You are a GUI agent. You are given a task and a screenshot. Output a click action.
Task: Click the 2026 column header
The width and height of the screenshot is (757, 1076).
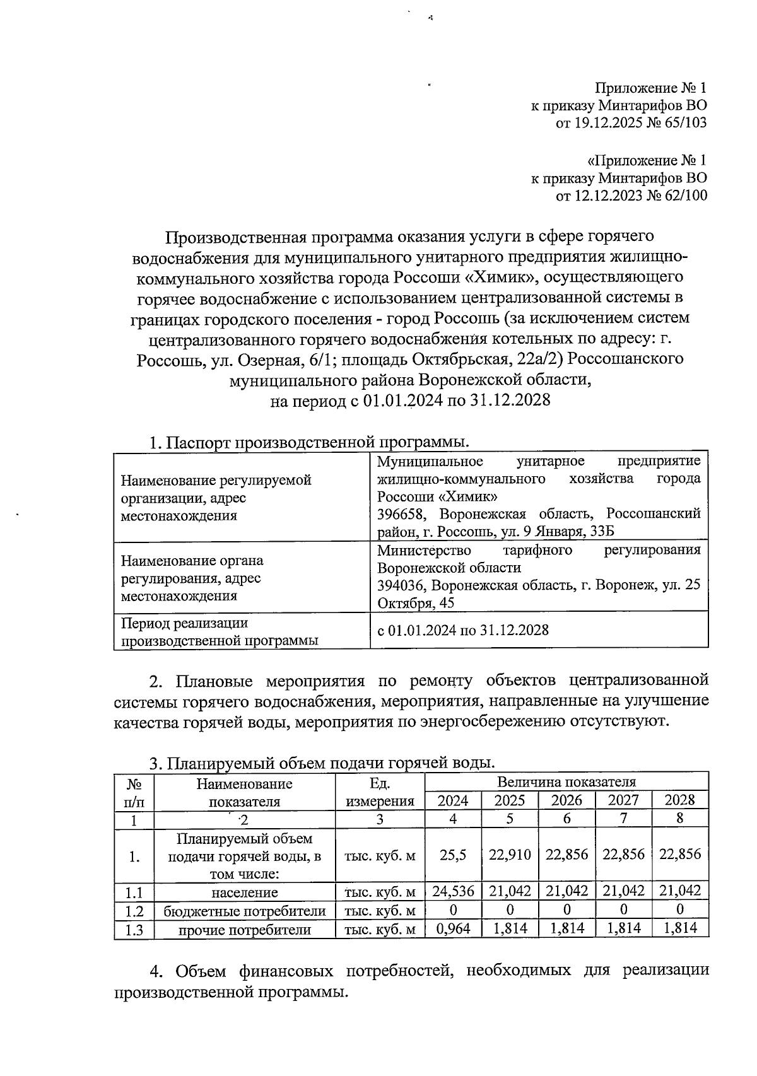point(566,800)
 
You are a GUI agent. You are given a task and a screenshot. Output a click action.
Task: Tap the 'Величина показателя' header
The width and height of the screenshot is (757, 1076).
point(566,783)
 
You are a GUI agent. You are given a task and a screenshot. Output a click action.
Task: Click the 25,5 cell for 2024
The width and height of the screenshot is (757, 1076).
point(453,855)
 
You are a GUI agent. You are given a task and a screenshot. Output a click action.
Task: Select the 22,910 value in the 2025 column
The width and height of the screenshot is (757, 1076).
point(510,855)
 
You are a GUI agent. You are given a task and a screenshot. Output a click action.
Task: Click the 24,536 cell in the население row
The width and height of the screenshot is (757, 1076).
point(453,892)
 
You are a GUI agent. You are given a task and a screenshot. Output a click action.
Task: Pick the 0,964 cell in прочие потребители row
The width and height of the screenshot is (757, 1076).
point(453,928)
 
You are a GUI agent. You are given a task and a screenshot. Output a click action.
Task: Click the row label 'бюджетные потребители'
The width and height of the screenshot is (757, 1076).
point(245,911)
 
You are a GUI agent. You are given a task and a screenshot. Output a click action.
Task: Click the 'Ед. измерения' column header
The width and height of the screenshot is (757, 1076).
point(380,792)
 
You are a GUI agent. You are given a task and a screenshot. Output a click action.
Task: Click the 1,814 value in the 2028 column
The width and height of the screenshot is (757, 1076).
point(680,928)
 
